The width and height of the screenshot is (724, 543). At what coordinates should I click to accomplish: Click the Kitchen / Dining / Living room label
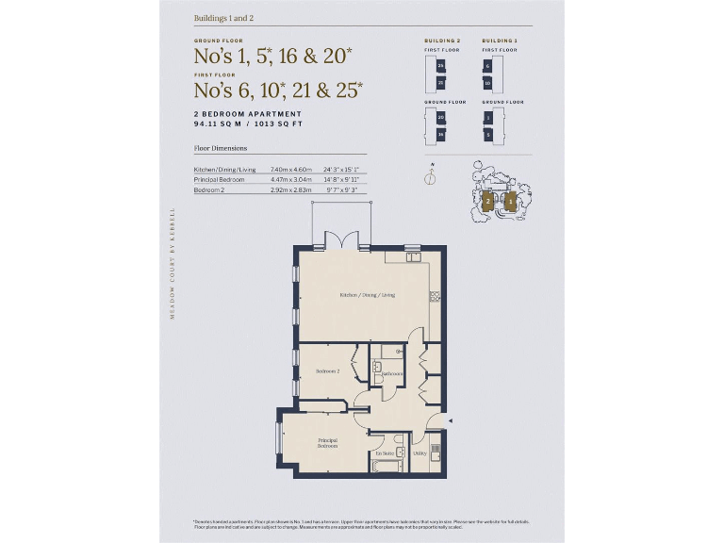(x=367, y=295)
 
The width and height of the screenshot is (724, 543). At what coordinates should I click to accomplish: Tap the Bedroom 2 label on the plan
(x=327, y=370)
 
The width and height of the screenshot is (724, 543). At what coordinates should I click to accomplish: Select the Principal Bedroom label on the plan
(x=327, y=443)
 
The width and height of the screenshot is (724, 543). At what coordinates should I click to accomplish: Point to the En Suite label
(x=384, y=453)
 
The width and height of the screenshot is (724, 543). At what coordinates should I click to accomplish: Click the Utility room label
(x=420, y=453)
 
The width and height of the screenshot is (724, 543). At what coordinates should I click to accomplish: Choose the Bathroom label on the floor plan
(x=392, y=373)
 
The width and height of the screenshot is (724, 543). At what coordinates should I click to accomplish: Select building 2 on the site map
(x=487, y=201)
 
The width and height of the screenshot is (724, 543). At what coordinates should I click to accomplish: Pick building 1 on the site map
(x=510, y=201)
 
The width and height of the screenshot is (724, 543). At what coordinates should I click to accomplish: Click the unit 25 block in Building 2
(x=440, y=66)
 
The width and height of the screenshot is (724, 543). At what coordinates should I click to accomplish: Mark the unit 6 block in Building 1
(x=487, y=66)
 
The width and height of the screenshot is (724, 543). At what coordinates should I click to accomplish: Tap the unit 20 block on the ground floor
(x=440, y=118)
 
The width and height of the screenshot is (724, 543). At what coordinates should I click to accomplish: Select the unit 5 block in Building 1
(x=487, y=135)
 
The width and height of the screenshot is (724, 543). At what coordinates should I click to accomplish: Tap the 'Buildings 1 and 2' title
(x=223, y=18)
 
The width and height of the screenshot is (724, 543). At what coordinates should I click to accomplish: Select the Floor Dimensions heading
(x=220, y=149)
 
